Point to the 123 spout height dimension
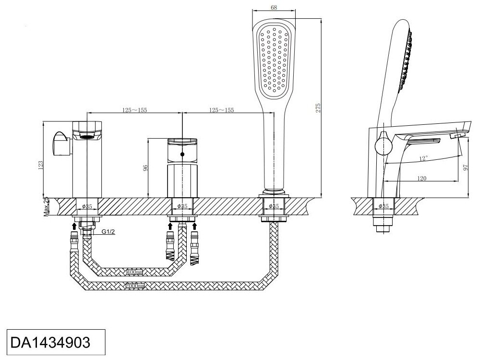(41, 164)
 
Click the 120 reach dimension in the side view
(422, 178)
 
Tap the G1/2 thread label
(108, 231)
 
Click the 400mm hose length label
(135, 272)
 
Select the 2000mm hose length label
(135, 286)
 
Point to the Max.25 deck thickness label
(47, 206)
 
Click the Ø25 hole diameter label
(274, 206)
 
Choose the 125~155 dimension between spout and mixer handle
(134, 110)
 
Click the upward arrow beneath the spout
(74, 224)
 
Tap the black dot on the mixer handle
(182, 154)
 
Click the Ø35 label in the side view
(384, 206)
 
